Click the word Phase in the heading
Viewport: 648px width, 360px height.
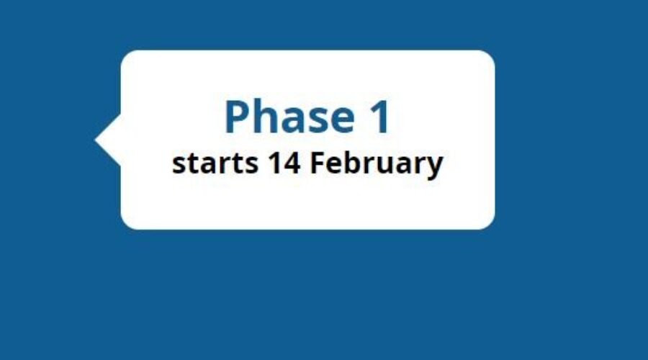[x=289, y=117]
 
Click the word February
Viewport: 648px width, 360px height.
[x=377, y=164]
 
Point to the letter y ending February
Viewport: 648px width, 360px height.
[x=435, y=166]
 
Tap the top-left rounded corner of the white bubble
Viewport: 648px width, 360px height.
[x=128, y=58]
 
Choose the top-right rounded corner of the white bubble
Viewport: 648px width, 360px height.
[x=487, y=58]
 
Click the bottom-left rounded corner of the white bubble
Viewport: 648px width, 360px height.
[x=128, y=222]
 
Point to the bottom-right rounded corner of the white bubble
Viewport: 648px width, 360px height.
[x=487, y=222]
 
